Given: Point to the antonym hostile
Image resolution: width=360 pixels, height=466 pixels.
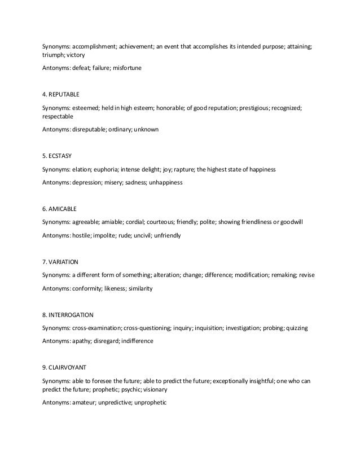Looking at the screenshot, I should [x=81, y=235].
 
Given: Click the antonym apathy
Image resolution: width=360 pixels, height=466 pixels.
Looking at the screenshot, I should [x=82, y=341].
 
